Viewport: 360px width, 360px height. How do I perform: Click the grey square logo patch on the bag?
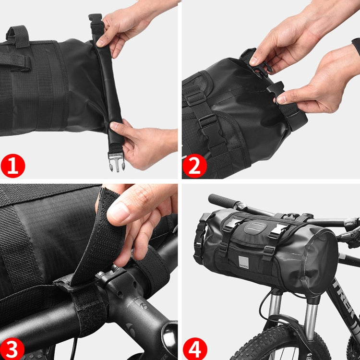(244, 262)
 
